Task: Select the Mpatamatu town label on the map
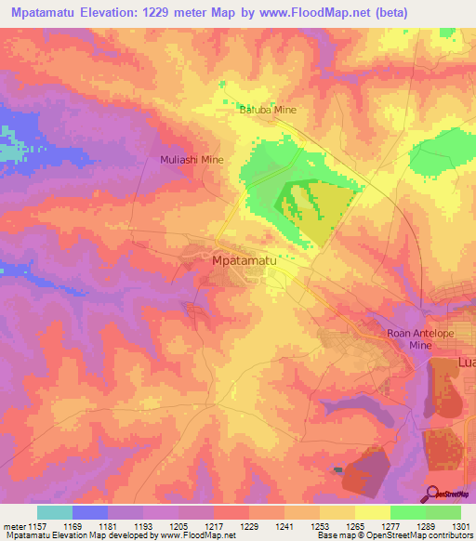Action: (245, 262)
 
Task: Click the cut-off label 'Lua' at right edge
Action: (464, 361)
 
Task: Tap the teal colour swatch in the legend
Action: (55, 512)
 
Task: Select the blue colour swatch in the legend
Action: (90, 512)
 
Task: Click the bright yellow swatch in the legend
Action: (373, 512)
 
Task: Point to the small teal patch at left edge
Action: (8, 150)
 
